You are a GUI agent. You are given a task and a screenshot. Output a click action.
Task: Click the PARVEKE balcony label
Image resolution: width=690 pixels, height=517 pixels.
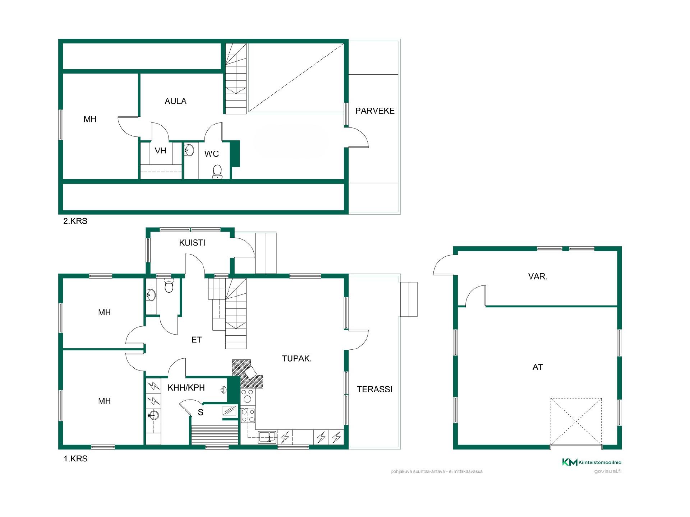[x=375, y=111]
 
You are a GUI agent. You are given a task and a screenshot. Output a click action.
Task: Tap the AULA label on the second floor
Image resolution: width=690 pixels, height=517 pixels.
[x=175, y=101]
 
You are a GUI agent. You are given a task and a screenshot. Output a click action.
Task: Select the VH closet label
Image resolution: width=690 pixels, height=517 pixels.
[x=160, y=150]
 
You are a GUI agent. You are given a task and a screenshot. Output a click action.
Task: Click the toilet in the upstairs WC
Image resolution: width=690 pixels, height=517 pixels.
[x=217, y=172]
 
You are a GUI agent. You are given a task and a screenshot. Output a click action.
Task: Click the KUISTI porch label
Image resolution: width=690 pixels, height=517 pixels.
[x=192, y=243]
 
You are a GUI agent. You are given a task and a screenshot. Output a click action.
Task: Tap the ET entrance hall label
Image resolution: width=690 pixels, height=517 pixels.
[x=197, y=340]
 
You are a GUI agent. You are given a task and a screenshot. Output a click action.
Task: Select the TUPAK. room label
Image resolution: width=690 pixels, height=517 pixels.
[x=296, y=358]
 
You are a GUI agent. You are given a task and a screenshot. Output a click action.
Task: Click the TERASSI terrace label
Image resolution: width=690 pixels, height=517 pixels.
[x=374, y=389]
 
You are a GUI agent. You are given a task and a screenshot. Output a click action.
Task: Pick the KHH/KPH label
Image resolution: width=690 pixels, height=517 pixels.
[x=186, y=388]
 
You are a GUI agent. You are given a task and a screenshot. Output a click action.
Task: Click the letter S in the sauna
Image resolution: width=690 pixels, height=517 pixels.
[x=201, y=413]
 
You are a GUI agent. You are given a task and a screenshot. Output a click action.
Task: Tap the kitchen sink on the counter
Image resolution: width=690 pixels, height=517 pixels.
[x=267, y=437]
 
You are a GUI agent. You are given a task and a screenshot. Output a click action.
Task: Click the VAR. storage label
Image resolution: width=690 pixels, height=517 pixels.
[x=538, y=276]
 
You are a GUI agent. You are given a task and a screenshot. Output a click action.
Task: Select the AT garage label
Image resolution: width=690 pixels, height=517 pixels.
[x=537, y=367]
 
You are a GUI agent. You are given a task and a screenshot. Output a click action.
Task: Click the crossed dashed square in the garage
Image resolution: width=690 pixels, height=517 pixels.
[x=576, y=421]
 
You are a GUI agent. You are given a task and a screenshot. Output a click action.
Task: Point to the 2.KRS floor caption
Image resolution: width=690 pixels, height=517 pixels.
[x=75, y=221]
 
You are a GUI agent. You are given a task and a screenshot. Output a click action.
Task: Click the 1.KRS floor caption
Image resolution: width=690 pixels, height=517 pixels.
[x=75, y=459]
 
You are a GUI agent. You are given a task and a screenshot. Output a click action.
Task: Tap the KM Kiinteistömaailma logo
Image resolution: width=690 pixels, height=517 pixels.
[x=592, y=462]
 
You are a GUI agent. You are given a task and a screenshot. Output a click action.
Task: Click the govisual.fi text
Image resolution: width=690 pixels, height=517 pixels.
[x=608, y=471]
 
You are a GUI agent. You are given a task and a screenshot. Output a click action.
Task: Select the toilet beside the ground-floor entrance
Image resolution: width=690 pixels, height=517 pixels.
[x=169, y=285]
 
